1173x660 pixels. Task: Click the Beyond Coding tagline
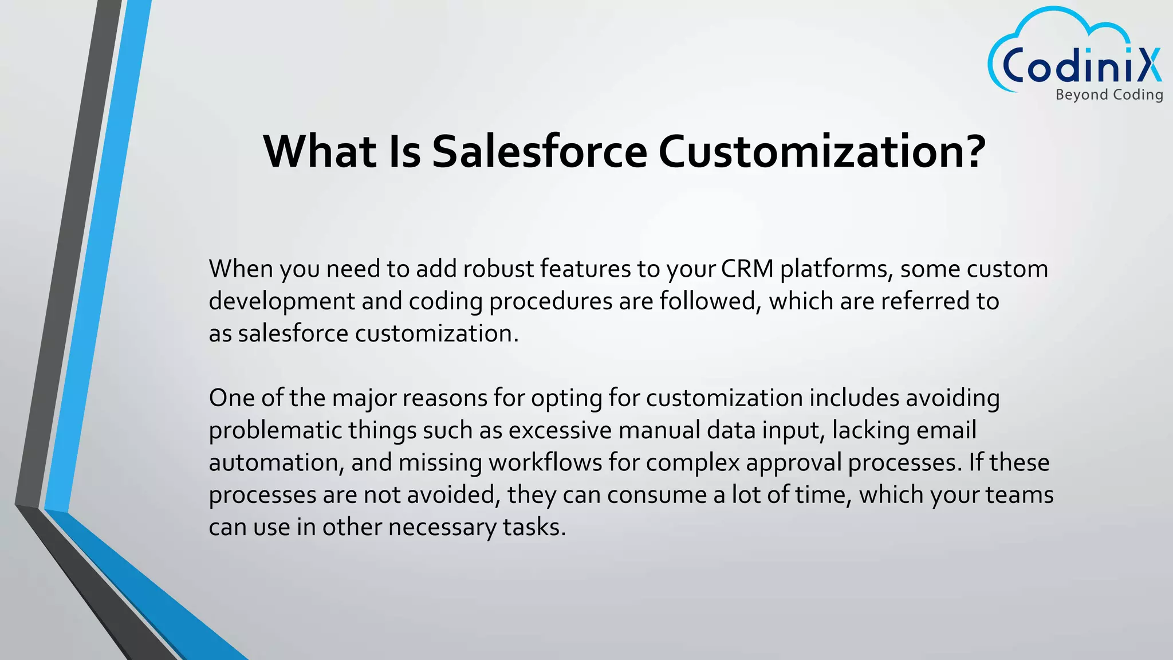(1109, 95)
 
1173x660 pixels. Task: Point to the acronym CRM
(747, 269)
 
